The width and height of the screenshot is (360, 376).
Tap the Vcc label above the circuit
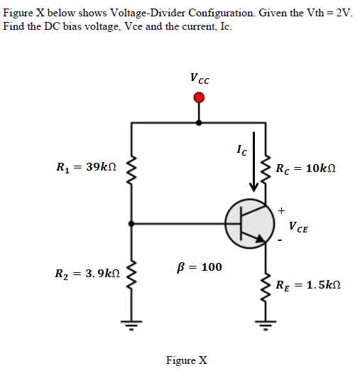click(x=199, y=78)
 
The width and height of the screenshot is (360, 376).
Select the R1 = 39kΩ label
click(x=83, y=168)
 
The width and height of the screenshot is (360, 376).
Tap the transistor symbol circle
click(x=249, y=222)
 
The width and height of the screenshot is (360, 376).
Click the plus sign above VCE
click(x=282, y=210)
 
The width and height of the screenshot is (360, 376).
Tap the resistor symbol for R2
click(x=131, y=274)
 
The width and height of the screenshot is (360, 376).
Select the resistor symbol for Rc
click(x=266, y=169)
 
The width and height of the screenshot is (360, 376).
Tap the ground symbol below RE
click(x=266, y=328)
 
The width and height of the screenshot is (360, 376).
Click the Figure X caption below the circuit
click(x=186, y=360)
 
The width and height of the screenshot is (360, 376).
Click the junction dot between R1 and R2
click(x=131, y=222)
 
